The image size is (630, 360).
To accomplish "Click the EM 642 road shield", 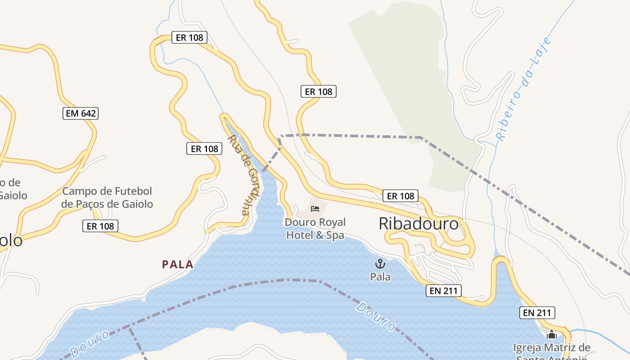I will point(81,113).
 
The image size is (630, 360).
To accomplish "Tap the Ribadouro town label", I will point(418,224).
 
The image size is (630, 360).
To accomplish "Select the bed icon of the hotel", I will point(315,208).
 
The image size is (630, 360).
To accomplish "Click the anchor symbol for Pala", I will point(380,264).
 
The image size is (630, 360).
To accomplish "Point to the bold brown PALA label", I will point(178,265).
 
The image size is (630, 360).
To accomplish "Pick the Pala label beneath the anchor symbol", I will point(380,277).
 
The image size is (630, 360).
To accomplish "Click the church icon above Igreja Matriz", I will point(551,335).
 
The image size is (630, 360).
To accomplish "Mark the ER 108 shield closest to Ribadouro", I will point(400,196).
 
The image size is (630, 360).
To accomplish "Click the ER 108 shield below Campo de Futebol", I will point(100,226).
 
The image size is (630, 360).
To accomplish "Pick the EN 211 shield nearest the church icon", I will point(537,313).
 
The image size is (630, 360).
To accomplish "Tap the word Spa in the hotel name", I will point(335,235).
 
